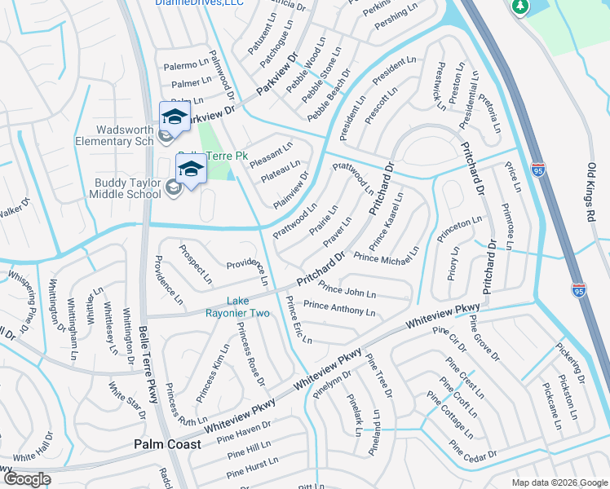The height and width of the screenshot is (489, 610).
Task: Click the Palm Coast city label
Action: (167, 445)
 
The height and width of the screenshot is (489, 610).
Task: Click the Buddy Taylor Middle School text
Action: (128, 188)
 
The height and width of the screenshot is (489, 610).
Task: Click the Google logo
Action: (28, 479)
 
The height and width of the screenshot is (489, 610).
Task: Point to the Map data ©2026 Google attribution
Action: (559, 482)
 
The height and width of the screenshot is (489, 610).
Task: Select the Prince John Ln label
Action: (347, 290)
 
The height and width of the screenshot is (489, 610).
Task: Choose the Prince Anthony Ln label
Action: (339, 309)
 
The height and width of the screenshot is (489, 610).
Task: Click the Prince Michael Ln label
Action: (386, 259)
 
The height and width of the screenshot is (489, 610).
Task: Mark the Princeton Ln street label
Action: (459, 223)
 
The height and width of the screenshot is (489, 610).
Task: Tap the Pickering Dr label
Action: (571, 363)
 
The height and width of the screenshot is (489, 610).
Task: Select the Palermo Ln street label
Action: (186, 64)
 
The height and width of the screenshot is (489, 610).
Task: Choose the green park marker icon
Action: (520, 7)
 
